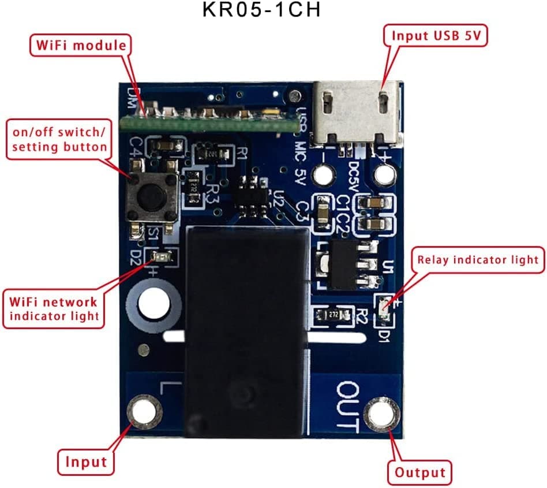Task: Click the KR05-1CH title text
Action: (x=261, y=11)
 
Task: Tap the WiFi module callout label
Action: (x=80, y=45)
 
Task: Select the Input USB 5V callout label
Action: (x=435, y=36)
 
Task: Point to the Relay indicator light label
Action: (x=478, y=260)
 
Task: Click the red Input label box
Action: (x=85, y=461)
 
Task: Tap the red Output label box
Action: (x=419, y=473)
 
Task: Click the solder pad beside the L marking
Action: (x=143, y=411)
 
